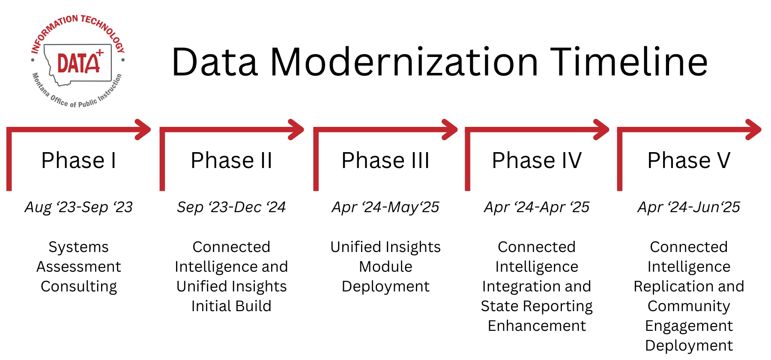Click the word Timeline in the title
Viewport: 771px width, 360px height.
click(x=628, y=62)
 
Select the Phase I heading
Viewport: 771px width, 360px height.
click(x=79, y=161)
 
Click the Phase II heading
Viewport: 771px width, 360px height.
click(x=231, y=161)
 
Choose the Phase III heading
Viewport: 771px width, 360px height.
click(x=385, y=161)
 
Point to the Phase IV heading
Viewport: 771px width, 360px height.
click(x=537, y=161)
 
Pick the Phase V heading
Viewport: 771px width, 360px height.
click(x=689, y=161)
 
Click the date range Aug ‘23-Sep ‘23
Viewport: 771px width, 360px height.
click(x=79, y=207)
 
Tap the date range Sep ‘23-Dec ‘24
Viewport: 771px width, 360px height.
click(x=231, y=207)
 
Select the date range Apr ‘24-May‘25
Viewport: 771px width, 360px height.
click(x=385, y=207)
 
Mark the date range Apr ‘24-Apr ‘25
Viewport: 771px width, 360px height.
click(x=537, y=207)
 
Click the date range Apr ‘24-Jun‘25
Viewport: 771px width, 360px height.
click(x=689, y=207)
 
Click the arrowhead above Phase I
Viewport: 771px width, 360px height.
click(x=143, y=129)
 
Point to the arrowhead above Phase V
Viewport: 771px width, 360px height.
click(x=753, y=129)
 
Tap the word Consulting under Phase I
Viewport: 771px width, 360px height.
click(x=79, y=287)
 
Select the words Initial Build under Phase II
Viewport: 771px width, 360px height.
click(x=231, y=306)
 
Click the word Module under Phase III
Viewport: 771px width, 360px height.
click(x=385, y=267)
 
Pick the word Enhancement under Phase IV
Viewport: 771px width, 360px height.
click(x=537, y=326)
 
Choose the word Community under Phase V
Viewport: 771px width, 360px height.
click(x=689, y=306)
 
